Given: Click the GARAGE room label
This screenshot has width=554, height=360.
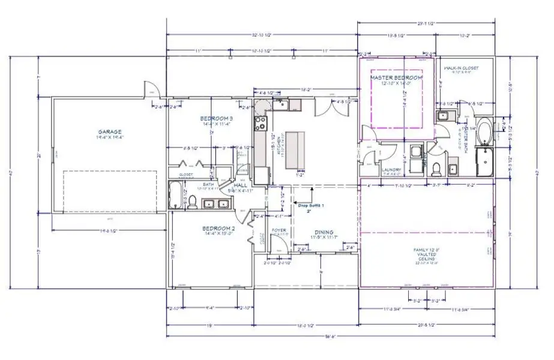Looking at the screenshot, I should click(x=110, y=131).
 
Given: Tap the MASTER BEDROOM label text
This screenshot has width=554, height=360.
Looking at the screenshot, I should click(x=396, y=78).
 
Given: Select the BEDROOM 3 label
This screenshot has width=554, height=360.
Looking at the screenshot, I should click(x=217, y=119).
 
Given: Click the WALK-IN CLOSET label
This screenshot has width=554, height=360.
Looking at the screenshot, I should click(x=461, y=68).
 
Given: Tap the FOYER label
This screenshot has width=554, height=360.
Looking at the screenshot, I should click(x=279, y=230).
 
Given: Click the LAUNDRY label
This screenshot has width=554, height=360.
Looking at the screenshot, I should click(x=391, y=170).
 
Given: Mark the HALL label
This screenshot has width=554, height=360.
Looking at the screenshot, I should click(x=239, y=186).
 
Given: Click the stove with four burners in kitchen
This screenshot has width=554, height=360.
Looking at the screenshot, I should click(x=261, y=125).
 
